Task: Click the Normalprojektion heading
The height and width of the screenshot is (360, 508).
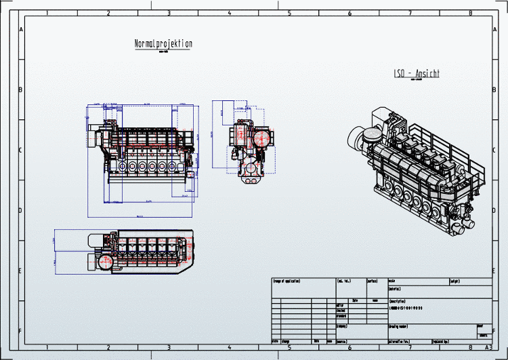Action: click(163, 44)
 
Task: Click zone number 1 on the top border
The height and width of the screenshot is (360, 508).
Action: click(47, 13)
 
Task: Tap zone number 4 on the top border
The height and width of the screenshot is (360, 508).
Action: click(229, 13)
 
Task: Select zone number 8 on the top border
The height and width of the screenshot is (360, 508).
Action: click(471, 13)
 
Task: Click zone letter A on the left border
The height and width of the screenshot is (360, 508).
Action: click(20, 30)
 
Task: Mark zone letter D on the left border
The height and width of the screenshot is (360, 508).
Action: click(20, 210)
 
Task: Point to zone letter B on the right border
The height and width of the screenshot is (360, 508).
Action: click(499, 90)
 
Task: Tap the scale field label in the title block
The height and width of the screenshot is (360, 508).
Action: click(392, 280)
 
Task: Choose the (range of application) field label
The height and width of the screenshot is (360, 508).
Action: click(287, 281)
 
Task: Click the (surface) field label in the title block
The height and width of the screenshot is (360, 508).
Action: click(373, 280)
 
